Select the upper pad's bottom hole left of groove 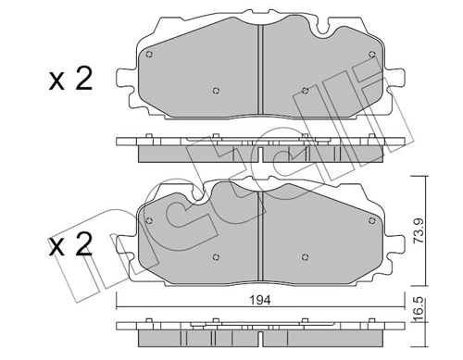click(x=216, y=90)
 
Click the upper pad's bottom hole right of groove click(x=305, y=90)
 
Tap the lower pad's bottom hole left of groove click(x=216, y=257)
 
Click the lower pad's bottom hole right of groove click(x=305, y=257)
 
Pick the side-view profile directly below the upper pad click(x=260, y=147)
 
